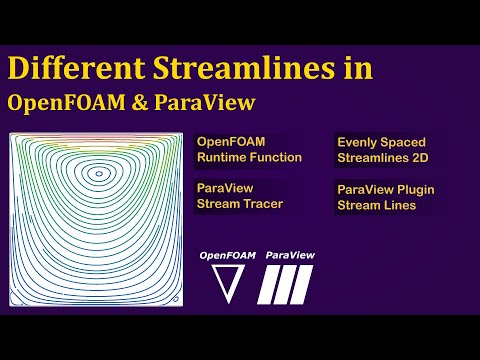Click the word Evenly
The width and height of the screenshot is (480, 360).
358,143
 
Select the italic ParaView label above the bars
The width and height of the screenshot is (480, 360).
288,255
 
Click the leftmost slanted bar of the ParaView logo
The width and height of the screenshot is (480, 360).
267,284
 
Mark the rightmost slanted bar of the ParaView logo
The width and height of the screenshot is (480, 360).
305,284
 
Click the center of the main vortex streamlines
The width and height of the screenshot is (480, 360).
97,174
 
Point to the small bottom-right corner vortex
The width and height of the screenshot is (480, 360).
174,297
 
